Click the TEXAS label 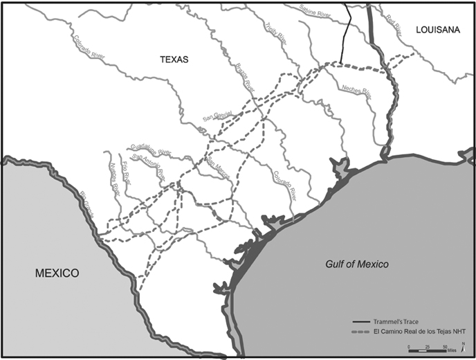click(x=174, y=59)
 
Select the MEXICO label click(x=57, y=273)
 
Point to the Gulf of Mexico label click(x=357, y=264)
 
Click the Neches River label click(x=356, y=90)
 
